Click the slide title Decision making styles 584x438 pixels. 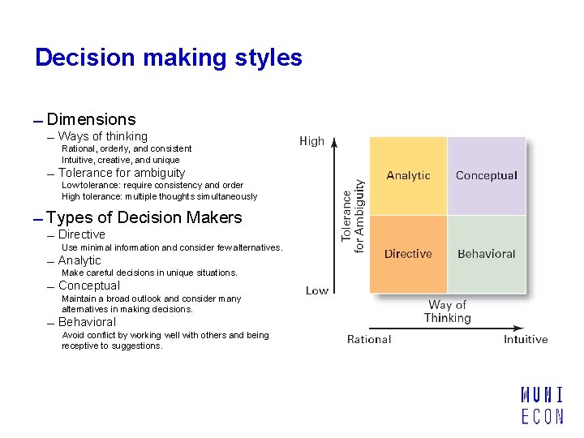pyautogui.click(x=169, y=58)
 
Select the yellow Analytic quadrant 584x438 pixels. pyautogui.click(x=408, y=176)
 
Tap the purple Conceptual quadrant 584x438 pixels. pyautogui.click(x=487, y=176)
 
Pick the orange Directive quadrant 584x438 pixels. pyautogui.click(x=408, y=255)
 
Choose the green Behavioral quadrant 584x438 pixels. pyautogui.click(x=487, y=255)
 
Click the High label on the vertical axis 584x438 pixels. pyautogui.click(x=311, y=141)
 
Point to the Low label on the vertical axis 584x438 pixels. pyautogui.click(x=317, y=290)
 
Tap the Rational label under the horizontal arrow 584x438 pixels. pyautogui.click(x=369, y=339)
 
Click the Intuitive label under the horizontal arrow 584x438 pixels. pyautogui.click(x=526, y=339)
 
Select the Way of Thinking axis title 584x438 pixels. pyautogui.click(x=448, y=311)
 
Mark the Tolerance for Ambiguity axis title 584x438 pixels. pyautogui.click(x=353, y=217)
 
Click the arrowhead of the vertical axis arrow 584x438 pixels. pyautogui.click(x=334, y=142)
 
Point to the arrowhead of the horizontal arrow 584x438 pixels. pyautogui.click(x=519, y=328)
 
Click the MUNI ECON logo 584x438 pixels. pyautogui.click(x=542, y=406)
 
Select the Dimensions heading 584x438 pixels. pyautogui.click(x=91, y=119)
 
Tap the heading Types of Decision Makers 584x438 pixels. pyautogui.click(x=144, y=217)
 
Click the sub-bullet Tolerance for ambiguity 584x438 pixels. pyautogui.click(x=122, y=173)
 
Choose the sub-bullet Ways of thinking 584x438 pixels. pyautogui.click(x=103, y=136)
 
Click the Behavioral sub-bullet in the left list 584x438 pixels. pyautogui.click(x=87, y=322)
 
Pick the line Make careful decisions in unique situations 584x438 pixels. pyautogui.click(x=149, y=273)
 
